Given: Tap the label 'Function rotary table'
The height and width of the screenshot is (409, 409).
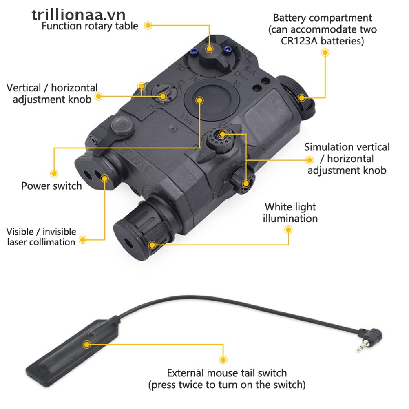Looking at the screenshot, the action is click(x=90, y=26).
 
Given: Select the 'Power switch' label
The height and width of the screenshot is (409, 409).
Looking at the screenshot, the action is click(x=52, y=186).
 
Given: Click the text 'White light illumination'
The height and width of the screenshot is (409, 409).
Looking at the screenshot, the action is click(x=290, y=212).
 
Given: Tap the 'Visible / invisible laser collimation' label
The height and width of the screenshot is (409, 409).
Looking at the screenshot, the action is click(x=41, y=237).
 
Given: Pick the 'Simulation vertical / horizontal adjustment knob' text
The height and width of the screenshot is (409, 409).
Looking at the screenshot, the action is click(x=347, y=159).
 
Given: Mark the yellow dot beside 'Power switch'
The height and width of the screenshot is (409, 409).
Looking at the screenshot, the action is click(x=54, y=173).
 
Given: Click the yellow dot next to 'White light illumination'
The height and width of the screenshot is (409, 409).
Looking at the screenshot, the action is click(x=288, y=230).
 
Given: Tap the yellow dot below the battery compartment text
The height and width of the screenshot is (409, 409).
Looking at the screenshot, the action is click(x=326, y=52).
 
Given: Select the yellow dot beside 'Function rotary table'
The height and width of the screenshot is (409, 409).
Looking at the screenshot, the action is click(x=148, y=26).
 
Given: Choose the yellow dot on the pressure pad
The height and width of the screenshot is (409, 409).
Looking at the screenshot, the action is click(x=86, y=344).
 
